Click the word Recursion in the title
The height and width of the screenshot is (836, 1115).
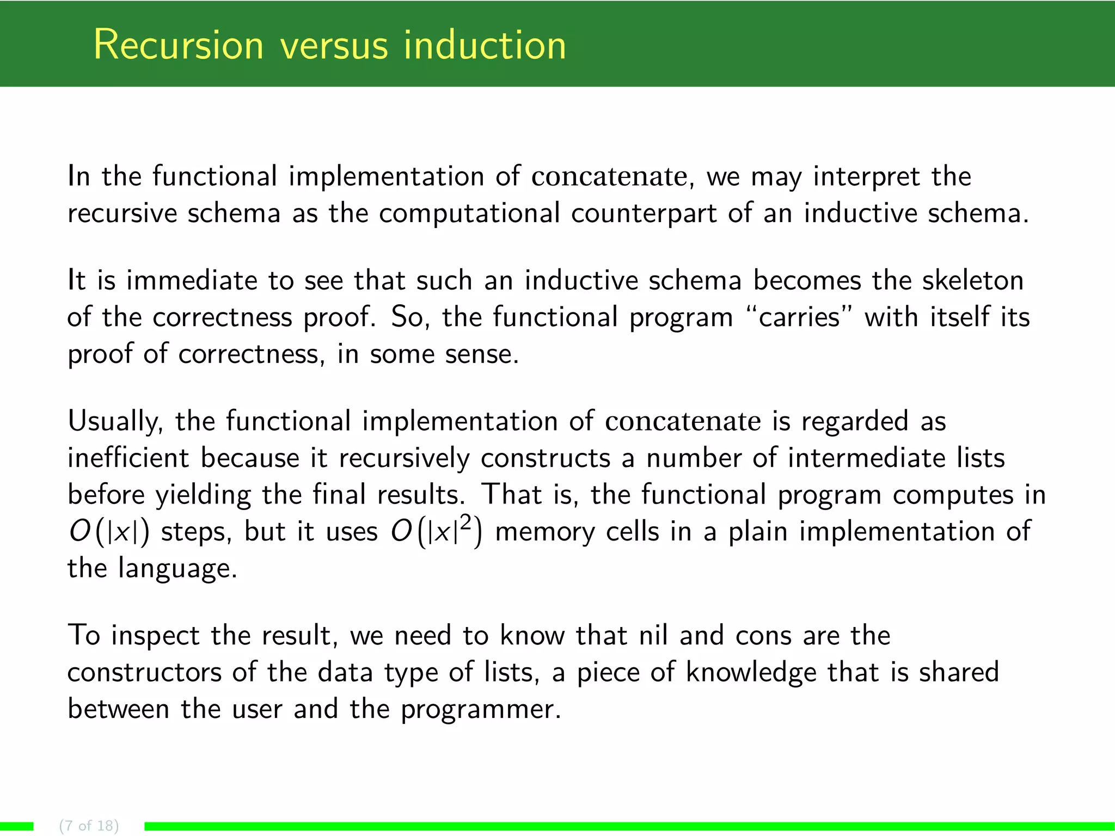point(179,45)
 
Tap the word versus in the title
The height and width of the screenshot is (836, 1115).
point(334,46)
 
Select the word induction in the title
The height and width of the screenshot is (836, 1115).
point(485,45)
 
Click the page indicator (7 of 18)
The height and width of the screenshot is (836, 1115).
point(89,826)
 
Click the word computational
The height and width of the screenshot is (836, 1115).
point(469,213)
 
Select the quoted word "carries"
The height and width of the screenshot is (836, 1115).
point(799,317)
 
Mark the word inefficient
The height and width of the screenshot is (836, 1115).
point(128,458)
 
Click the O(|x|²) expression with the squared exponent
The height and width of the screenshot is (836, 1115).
point(436,531)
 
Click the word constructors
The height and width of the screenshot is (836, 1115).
point(144,673)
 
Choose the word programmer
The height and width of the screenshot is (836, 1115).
point(481,710)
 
